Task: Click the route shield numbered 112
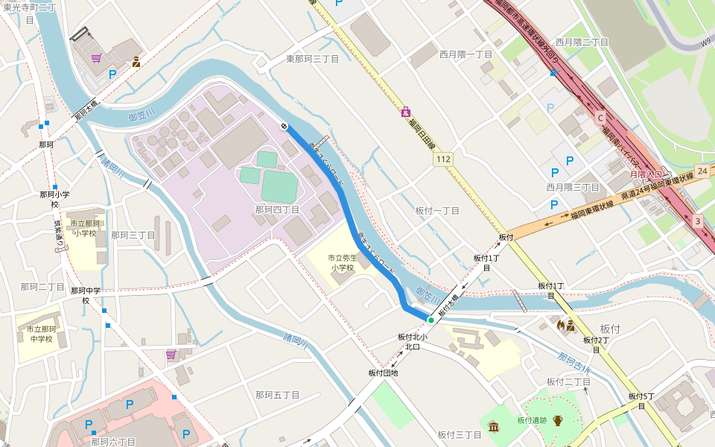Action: point(444,159)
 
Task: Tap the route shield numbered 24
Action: point(702,171)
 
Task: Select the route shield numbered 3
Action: point(697,221)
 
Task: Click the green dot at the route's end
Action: point(430,320)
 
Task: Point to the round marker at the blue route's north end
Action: point(284,126)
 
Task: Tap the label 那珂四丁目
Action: point(277,210)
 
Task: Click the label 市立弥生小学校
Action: point(343,262)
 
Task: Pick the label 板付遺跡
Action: point(532,420)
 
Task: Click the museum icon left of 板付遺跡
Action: point(494,425)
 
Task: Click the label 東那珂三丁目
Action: point(313,58)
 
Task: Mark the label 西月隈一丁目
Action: point(465,54)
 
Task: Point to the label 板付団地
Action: point(383,372)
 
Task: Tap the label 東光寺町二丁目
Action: point(30,13)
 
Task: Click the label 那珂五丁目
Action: point(277,395)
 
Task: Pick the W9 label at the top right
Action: point(705,44)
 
